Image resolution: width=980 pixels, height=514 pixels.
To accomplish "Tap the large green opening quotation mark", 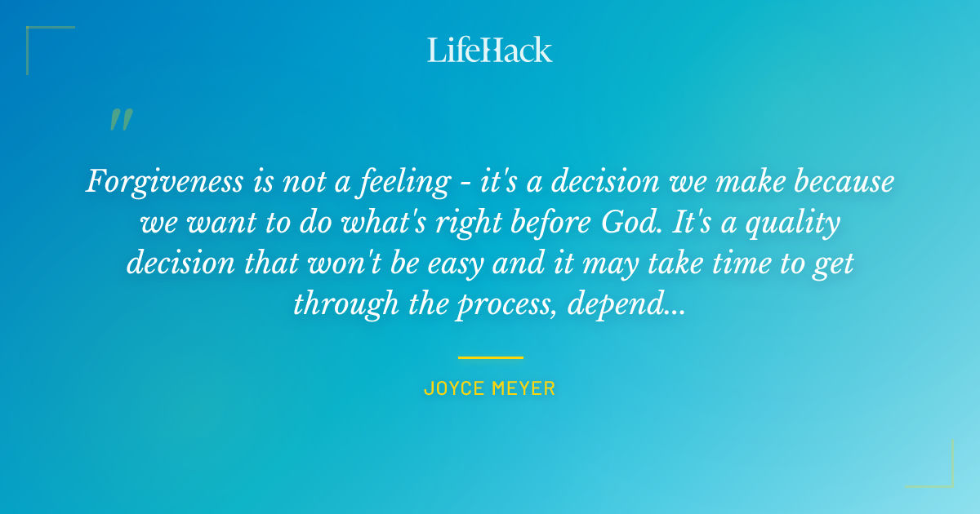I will [120, 120].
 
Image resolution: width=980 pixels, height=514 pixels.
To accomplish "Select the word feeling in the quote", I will [402, 182].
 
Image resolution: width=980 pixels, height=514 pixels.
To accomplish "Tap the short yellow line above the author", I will [490, 357].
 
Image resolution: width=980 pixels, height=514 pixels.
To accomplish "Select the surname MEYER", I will [523, 388].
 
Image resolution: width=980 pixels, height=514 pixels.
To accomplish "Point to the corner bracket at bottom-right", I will [943, 477].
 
